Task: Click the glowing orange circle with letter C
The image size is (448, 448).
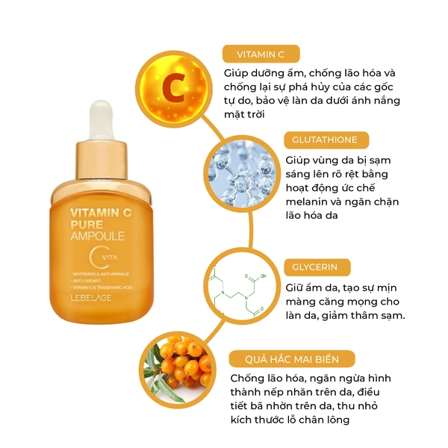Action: pos(172,88)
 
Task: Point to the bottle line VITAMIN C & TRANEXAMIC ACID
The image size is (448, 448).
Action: pos(99,287)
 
